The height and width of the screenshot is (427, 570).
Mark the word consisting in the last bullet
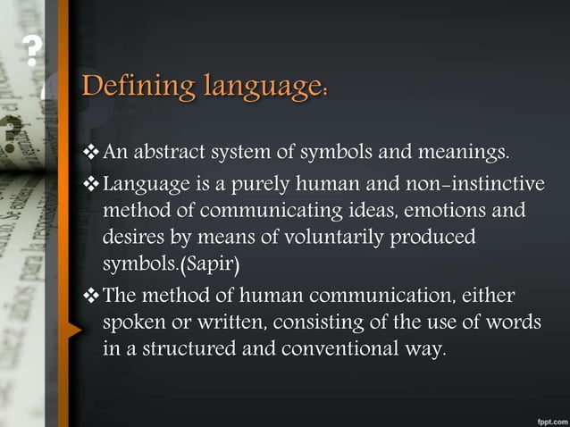pyautogui.click(x=310, y=322)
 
